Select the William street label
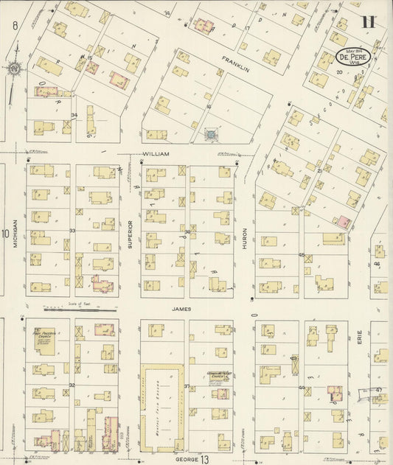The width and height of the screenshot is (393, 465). (156, 154)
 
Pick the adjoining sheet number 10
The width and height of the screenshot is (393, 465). (5, 234)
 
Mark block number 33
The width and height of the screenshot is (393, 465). (72, 231)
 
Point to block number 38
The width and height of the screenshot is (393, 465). (187, 232)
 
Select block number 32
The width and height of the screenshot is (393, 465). (72, 385)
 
